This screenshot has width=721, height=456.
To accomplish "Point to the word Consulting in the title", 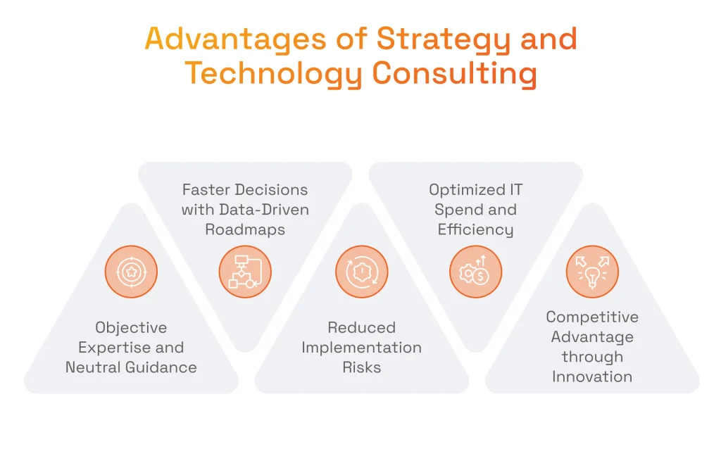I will [x=454, y=74].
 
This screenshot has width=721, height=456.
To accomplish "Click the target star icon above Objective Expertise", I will [x=131, y=272].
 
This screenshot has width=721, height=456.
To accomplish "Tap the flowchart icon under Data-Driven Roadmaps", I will [x=245, y=272].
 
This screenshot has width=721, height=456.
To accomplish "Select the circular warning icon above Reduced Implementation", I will [x=362, y=272].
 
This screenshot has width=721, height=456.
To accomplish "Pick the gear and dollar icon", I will [x=476, y=272].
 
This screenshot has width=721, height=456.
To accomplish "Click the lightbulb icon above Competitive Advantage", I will [x=592, y=272].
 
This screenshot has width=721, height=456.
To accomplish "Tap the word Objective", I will [x=131, y=328].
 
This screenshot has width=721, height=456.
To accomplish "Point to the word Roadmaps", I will [x=245, y=229].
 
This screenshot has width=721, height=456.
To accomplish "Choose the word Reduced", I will [x=362, y=328].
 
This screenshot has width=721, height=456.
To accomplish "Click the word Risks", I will [x=362, y=367].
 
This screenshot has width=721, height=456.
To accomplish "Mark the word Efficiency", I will [x=476, y=229].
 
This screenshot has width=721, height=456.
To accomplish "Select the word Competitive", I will [x=592, y=317].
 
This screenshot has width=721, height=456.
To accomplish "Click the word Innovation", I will [x=592, y=376].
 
